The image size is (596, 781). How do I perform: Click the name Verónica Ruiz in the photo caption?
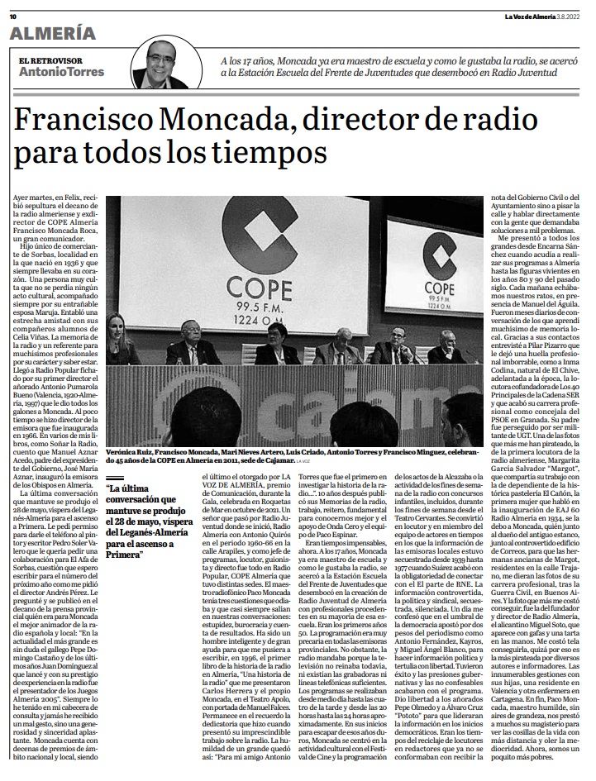(x=129, y=454)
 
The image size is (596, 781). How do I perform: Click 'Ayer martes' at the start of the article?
(x=34, y=200)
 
